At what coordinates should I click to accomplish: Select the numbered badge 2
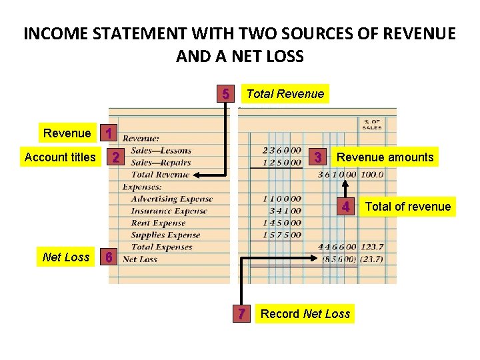(116, 157)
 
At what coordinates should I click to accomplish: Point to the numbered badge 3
(319, 157)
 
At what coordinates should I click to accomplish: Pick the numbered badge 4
(346, 207)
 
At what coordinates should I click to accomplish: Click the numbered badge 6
(110, 257)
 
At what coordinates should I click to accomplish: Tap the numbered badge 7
(243, 313)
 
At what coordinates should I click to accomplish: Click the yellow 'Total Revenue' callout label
(285, 94)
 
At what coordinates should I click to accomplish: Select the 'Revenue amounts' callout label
(385, 157)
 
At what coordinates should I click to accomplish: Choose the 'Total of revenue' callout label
(408, 207)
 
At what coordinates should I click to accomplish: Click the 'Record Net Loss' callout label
(305, 313)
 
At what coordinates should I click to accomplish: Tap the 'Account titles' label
(60, 157)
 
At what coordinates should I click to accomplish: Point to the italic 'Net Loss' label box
(65, 257)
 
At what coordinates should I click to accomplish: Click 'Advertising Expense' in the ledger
(171, 199)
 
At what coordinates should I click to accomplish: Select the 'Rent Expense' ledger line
(159, 223)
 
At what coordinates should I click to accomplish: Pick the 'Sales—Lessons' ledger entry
(161, 151)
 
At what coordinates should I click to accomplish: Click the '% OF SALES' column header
(371, 125)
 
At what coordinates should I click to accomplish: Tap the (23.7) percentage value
(370, 259)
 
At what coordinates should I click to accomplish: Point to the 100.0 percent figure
(370, 175)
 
